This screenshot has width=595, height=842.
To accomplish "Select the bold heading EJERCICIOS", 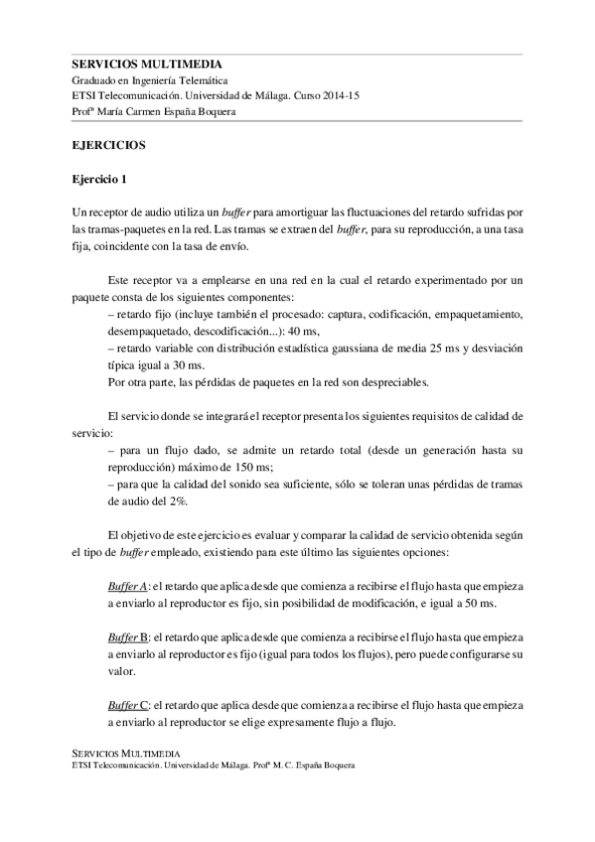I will [x=109, y=145].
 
